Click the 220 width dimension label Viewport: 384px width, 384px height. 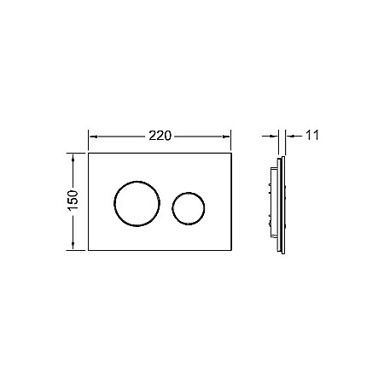coord(161,136)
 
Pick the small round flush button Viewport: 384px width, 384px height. coord(188,208)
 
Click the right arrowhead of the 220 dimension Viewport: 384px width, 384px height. coord(229,136)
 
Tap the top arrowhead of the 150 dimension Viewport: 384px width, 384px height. coord(74,157)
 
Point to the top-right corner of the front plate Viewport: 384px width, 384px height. coord(232,154)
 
